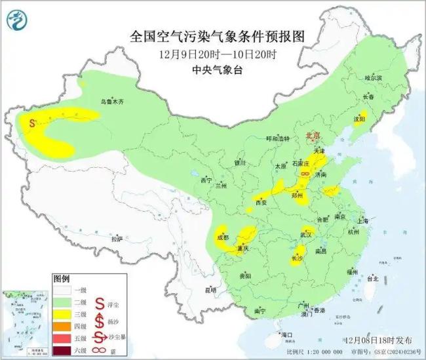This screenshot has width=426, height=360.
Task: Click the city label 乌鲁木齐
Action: [x=111, y=102]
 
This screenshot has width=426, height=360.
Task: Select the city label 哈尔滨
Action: [x=372, y=78]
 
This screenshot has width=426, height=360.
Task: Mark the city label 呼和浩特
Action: [x=276, y=139]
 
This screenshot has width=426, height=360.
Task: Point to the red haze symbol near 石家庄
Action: [x=305, y=173]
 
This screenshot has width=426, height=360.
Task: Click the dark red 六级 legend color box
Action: [x=64, y=351]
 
